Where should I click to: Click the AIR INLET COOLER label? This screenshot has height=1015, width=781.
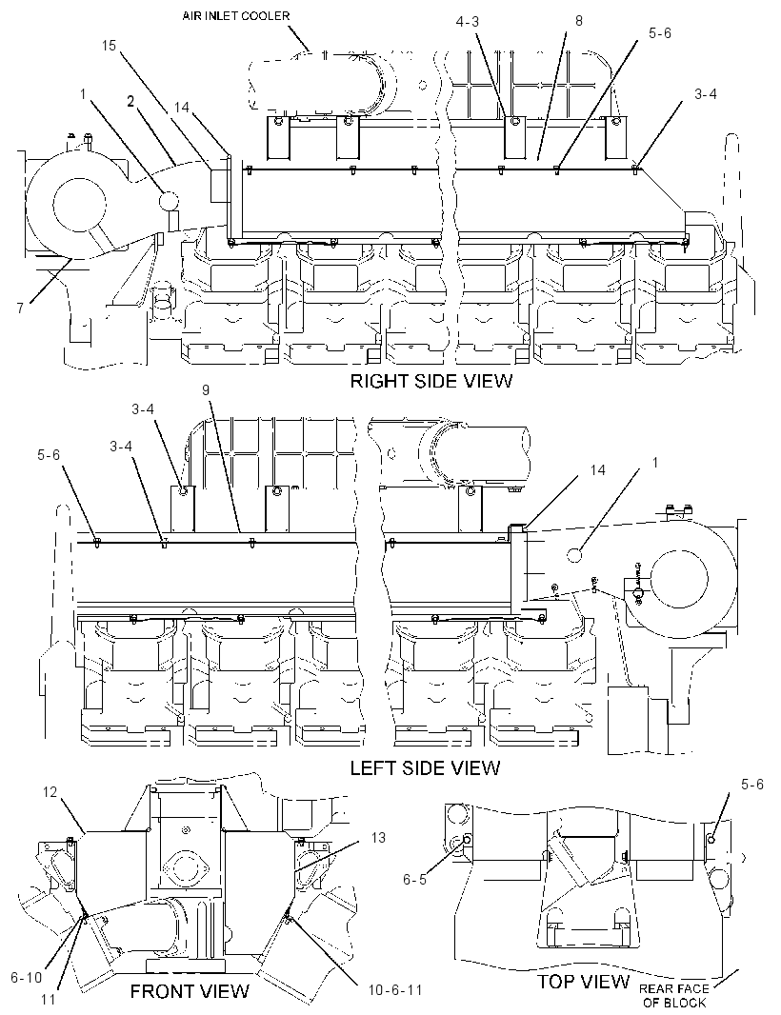(x=235, y=15)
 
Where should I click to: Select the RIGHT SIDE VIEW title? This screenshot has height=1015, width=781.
(x=431, y=381)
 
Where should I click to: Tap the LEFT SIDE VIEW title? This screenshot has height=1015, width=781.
(x=425, y=767)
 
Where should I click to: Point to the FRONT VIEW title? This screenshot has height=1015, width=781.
(x=190, y=991)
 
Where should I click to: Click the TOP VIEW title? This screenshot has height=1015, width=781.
(x=584, y=982)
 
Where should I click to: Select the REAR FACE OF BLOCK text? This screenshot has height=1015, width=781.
(x=673, y=996)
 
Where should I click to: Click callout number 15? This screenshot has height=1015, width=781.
(x=109, y=46)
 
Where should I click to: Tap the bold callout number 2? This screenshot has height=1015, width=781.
(x=131, y=101)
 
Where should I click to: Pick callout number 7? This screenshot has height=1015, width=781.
(x=21, y=308)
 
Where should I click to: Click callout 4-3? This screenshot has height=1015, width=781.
(x=467, y=22)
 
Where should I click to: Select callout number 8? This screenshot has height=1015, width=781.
(x=579, y=21)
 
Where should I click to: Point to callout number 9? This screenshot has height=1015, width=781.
(x=206, y=389)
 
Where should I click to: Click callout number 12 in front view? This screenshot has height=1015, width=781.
(x=50, y=791)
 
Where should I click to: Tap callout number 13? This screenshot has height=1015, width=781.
(x=378, y=838)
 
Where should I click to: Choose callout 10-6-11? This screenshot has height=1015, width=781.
(x=395, y=990)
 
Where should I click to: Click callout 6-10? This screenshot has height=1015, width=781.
(x=26, y=978)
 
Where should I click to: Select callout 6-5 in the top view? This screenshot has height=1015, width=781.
(x=414, y=880)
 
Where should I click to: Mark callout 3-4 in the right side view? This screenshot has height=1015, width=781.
(x=705, y=94)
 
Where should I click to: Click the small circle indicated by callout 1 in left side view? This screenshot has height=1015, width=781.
(x=575, y=554)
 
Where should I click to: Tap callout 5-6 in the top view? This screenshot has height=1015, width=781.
(x=751, y=785)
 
